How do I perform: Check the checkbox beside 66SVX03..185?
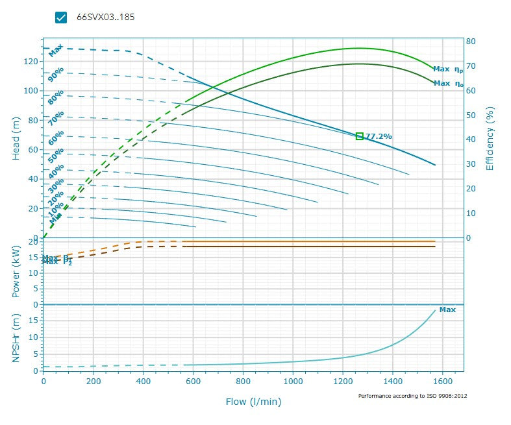tap(62, 18)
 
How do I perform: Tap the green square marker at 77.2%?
tap(360, 136)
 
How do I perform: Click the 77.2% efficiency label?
tap(379, 136)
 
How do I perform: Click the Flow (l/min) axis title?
tap(253, 402)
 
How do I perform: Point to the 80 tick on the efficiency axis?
tap(471, 42)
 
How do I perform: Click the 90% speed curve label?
tap(56, 75)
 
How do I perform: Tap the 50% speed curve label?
tap(56, 155)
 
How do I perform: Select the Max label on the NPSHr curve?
tap(447, 310)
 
